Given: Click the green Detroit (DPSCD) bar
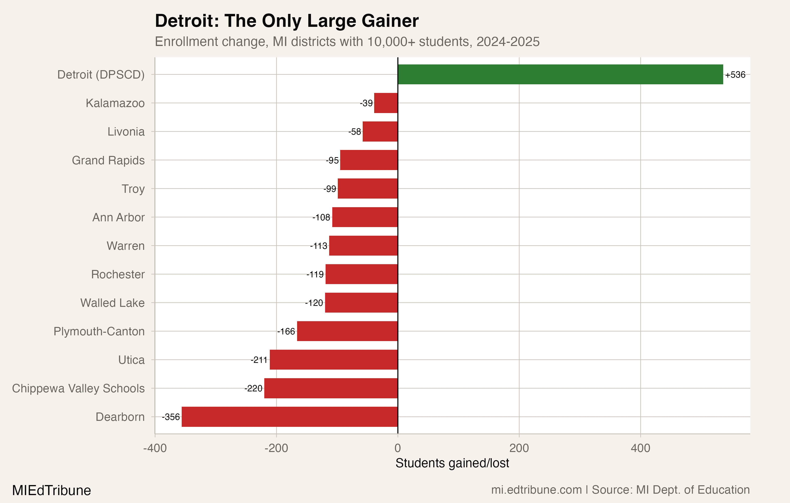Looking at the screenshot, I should [x=560, y=74].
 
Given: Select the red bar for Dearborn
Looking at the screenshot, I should [x=289, y=417].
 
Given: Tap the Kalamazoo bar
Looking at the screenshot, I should [x=386, y=103].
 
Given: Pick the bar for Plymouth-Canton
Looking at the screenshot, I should [x=347, y=331].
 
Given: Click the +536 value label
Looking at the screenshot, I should [x=735, y=75].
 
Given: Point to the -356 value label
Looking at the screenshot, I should [x=171, y=417].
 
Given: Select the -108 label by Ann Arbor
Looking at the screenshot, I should [x=321, y=217].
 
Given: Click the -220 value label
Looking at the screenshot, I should [x=253, y=389].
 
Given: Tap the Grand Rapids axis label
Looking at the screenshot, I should [x=108, y=160].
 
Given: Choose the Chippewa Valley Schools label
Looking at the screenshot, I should [x=78, y=389].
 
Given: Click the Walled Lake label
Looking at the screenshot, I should [x=112, y=303].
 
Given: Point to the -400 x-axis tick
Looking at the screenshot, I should [x=155, y=448].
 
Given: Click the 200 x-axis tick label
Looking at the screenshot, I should [x=519, y=448].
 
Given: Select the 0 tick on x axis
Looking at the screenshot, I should [x=398, y=448].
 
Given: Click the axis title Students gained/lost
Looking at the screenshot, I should [x=452, y=463].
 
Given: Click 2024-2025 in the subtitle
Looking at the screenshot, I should [x=508, y=42].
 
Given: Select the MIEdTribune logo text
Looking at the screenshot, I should [x=51, y=490].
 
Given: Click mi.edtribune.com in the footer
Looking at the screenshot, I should [x=536, y=490].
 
